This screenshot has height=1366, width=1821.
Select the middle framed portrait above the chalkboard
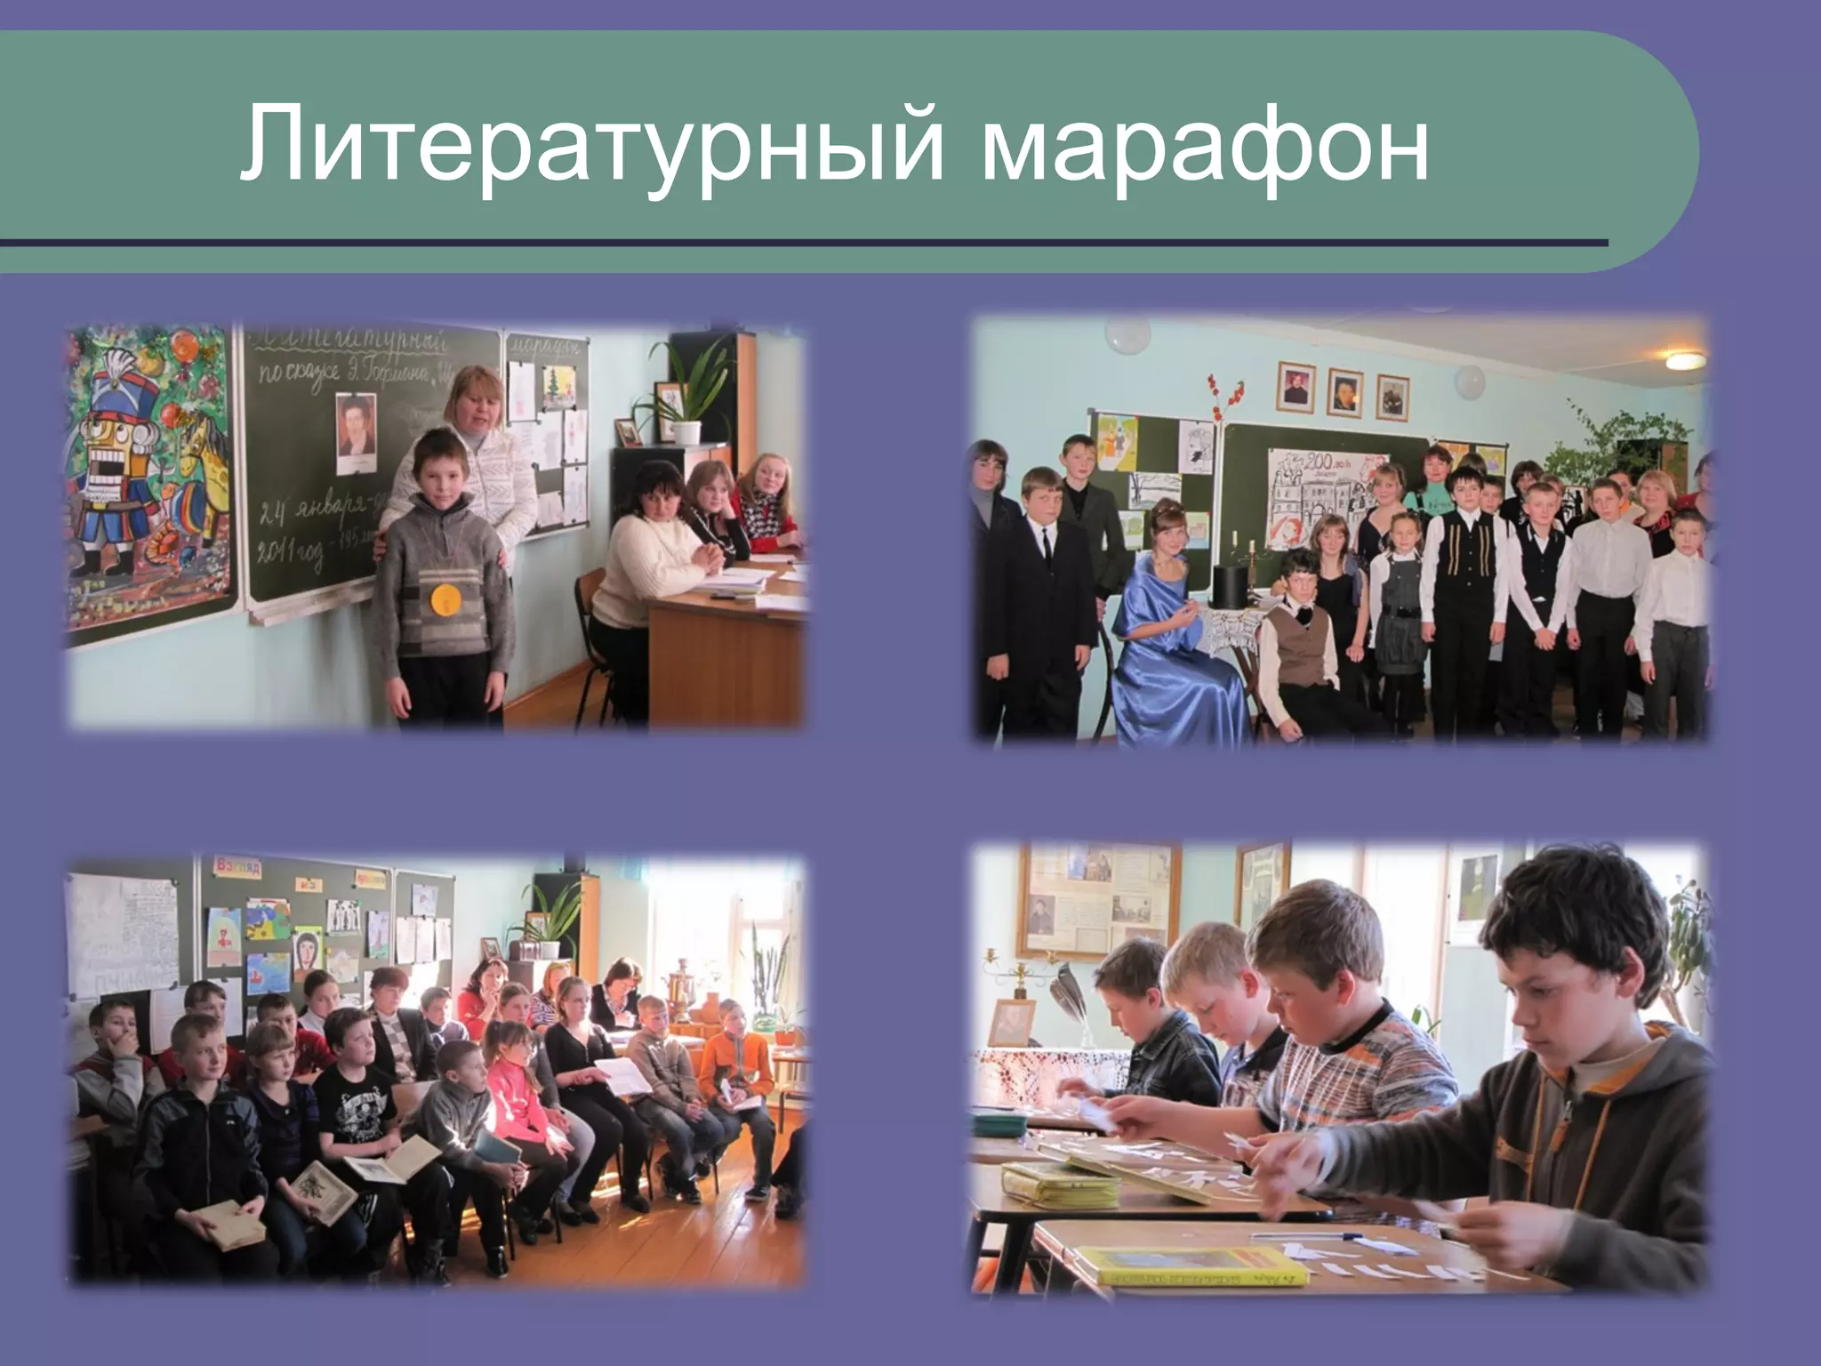click(1344, 390)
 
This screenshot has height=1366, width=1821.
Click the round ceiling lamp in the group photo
click(1685, 359)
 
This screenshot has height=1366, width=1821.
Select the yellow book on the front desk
click(1191, 1265)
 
